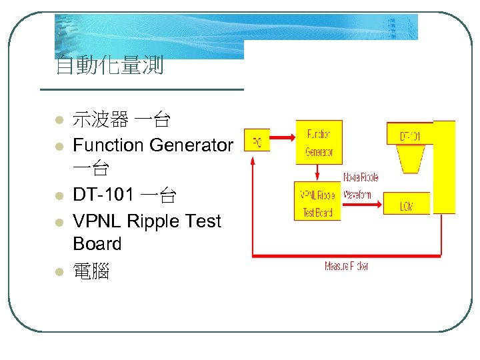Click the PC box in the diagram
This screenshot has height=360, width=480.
point(257,142)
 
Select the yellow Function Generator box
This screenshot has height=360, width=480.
point(319,142)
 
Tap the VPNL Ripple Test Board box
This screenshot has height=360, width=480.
point(317,201)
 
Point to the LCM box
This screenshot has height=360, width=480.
point(407,206)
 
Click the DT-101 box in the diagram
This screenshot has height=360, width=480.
point(410,135)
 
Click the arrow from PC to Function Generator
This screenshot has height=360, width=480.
point(283,138)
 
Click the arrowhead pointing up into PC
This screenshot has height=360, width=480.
point(251,161)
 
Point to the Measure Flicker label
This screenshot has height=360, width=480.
point(347,266)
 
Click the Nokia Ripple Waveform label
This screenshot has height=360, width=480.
point(361,186)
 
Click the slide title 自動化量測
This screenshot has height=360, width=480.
point(110,67)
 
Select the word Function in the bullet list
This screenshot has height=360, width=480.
point(108,145)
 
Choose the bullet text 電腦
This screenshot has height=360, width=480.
point(91,271)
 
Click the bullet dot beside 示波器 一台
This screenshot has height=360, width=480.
point(59,121)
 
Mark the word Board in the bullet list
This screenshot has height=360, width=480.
point(97,244)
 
